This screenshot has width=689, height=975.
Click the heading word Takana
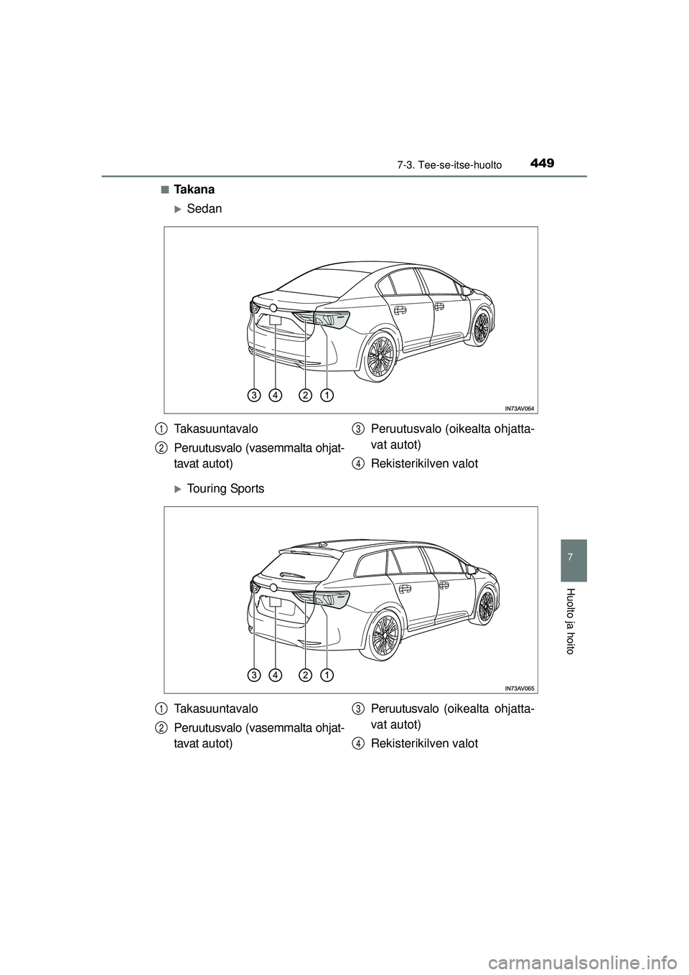[x=193, y=190]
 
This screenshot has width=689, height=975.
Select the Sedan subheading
[x=204, y=209]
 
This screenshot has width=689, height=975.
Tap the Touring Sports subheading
[x=225, y=489]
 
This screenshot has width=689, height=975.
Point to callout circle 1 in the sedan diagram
[x=327, y=395]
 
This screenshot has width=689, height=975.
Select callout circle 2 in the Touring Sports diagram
[x=306, y=675]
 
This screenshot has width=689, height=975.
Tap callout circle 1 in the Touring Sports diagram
[x=327, y=675]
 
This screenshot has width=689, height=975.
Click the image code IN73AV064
[x=520, y=408]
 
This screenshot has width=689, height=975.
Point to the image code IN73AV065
[x=520, y=688]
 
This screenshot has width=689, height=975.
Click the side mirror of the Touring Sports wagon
[x=472, y=570]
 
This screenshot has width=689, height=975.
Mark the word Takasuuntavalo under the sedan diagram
[x=215, y=429]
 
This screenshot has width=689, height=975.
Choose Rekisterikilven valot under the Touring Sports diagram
[x=424, y=743]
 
